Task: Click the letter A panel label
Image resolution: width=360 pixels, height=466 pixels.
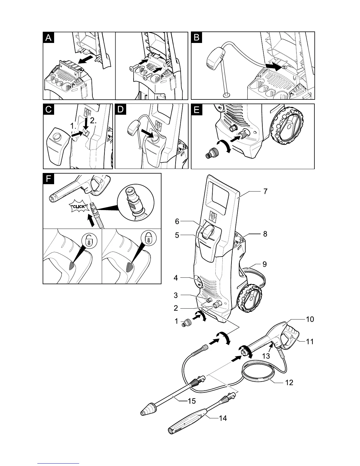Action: click(x=49, y=38)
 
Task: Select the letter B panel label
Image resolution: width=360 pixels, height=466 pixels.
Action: click(x=197, y=38)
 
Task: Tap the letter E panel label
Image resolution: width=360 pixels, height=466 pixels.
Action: click(x=197, y=110)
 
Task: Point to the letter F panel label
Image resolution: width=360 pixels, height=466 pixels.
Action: click(x=49, y=179)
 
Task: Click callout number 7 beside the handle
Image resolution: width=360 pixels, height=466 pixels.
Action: click(x=265, y=192)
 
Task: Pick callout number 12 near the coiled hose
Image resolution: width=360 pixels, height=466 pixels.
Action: click(x=289, y=382)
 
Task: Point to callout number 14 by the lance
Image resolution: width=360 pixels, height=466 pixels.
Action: click(x=223, y=418)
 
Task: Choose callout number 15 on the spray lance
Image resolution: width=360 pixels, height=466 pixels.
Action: click(x=191, y=401)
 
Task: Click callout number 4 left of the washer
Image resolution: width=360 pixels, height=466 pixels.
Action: click(x=176, y=277)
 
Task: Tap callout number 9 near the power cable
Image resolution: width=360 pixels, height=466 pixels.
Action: click(x=265, y=264)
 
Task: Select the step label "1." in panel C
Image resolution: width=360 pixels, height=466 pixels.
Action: click(x=74, y=126)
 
